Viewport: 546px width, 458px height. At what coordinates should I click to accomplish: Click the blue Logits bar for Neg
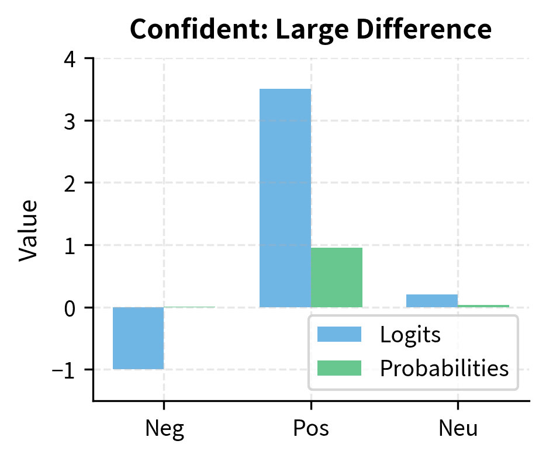click(x=138, y=338)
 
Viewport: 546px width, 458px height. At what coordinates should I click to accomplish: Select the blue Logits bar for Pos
click(x=285, y=198)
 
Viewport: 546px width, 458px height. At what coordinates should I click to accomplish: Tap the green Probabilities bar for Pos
click(x=336, y=277)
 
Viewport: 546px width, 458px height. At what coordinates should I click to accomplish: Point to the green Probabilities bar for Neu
click(x=483, y=306)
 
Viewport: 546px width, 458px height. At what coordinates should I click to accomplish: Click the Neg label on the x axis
click(x=164, y=428)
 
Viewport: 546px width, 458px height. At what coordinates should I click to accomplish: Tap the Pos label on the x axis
click(x=310, y=428)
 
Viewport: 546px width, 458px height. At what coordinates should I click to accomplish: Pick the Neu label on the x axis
click(x=458, y=428)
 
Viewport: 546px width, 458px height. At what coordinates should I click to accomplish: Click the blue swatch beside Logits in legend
click(x=339, y=335)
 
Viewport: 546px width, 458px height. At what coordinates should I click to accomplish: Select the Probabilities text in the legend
click(x=444, y=368)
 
